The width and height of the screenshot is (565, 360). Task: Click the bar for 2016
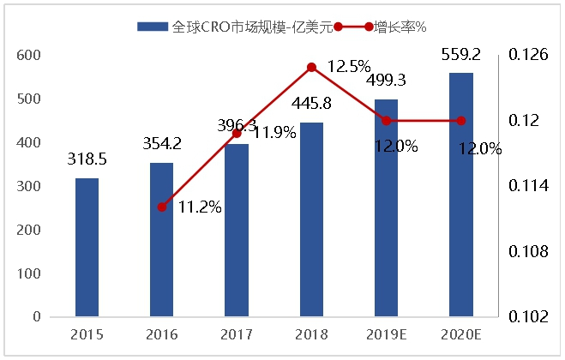[161, 239]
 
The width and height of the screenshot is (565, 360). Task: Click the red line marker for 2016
[161, 207]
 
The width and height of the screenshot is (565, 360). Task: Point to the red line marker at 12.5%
[311, 67]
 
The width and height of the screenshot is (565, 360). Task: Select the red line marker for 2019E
[386, 120]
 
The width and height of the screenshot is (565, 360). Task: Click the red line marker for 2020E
[461, 120]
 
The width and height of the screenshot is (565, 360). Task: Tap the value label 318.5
[87, 159]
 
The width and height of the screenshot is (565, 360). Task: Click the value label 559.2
[461, 54]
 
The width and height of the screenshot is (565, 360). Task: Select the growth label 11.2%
[200, 207]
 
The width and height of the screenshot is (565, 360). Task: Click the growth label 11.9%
[274, 132]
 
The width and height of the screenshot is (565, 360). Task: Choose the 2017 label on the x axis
[236, 333]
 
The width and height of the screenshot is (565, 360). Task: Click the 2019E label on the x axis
[386, 333]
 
